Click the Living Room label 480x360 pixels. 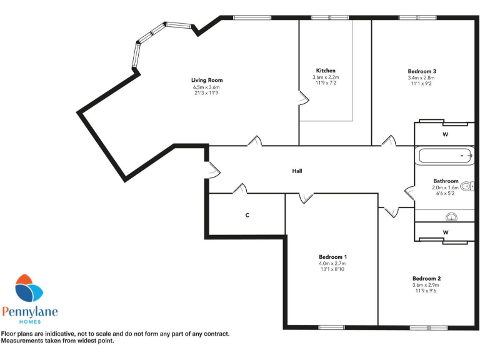point(206,80)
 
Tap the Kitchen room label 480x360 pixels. point(326,71)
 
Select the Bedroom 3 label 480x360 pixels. point(422,71)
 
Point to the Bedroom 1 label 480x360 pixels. point(332,257)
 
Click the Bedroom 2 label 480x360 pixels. point(427,278)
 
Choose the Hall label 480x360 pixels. point(297,171)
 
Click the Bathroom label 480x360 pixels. point(445,181)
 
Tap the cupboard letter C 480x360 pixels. point(247,215)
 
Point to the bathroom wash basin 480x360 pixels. point(451,217)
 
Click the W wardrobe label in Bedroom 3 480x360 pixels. point(446,134)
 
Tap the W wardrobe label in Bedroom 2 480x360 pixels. point(446,232)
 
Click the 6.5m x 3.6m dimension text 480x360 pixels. point(206,87)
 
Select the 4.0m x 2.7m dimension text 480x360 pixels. point(332,264)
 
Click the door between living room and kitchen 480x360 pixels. point(302,97)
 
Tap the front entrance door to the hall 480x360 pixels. point(212,169)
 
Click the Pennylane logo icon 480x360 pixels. point(29,289)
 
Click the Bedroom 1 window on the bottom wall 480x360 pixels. point(331,327)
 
